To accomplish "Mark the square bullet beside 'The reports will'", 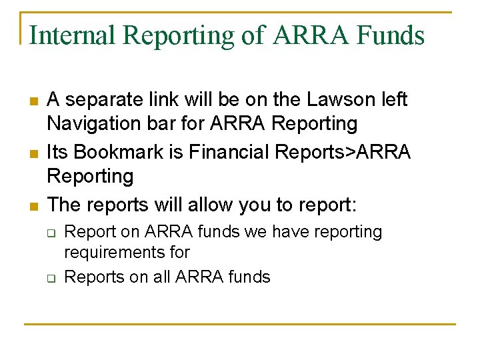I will (33, 205).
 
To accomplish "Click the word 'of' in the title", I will (253, 35).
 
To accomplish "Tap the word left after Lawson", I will (393, 100).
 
